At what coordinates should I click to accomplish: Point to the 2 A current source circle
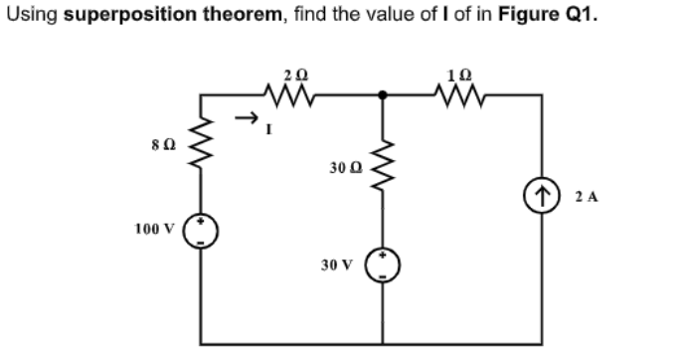pyautogui.click(x=541, y=197)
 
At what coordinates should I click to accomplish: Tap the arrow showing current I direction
pyautogui.click(x=246, y=118)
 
